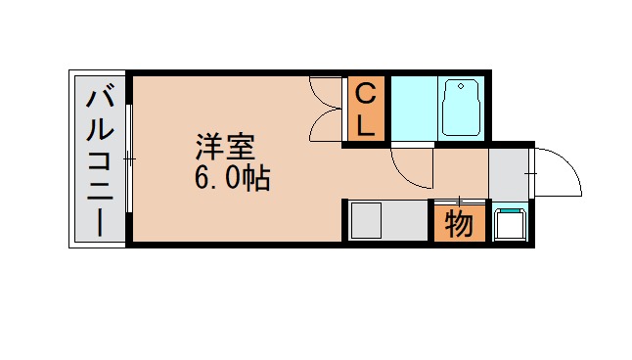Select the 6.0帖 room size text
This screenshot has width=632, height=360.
pyautogui.click(x=233, y=179)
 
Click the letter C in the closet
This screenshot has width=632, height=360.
pyautogui.click(x=365, y=96)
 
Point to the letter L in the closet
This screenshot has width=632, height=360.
pyautogui.click(x=365, y=124)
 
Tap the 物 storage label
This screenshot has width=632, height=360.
pyautogui.click(x=459, y=224)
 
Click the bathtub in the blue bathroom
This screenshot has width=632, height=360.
pyautogui.click(x=461, y=107)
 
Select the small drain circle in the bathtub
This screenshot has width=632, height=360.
pyautogui.click(x=461, y=88)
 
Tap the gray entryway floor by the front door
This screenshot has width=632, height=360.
pyautogui.click(x=509, y=172)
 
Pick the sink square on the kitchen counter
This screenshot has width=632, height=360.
pyautogui.click(x=369, y=219)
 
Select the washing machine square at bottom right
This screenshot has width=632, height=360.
pyautogui.click(x=510, y=224)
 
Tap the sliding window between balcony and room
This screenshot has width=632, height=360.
pyautogui.click(x=128, y=158)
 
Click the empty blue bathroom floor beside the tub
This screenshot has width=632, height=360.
pyautogui.click(x=413, y=108)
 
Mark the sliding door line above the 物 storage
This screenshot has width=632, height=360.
pyautogui.click(x=459, y=202)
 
